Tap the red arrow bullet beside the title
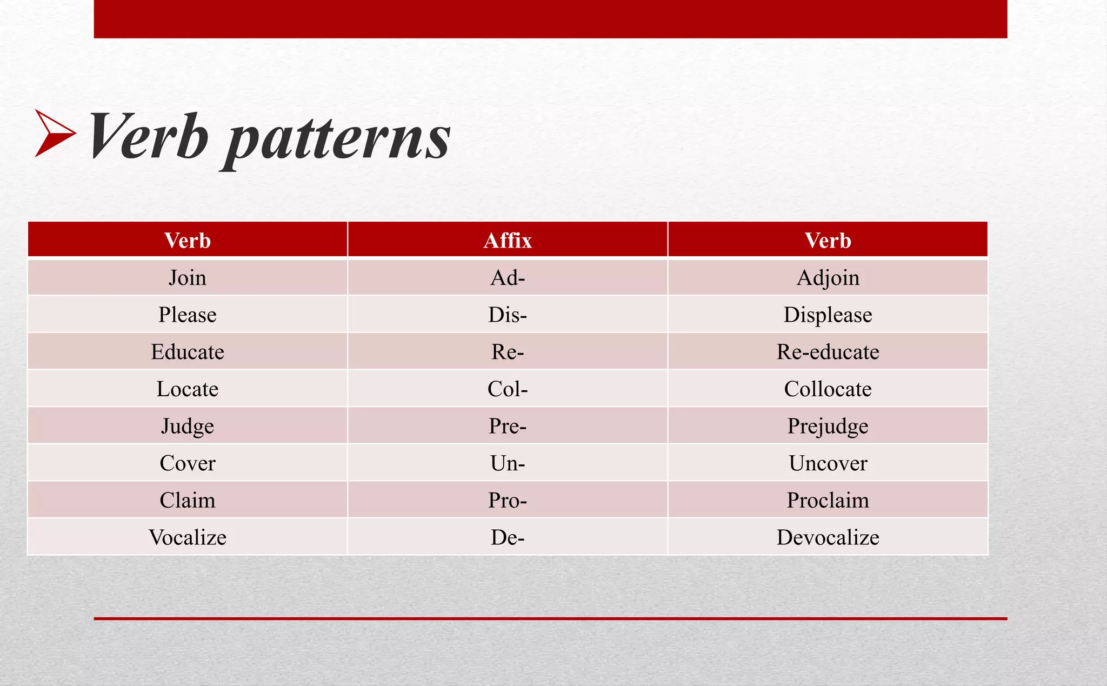(x=55, y=134)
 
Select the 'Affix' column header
(x=508, y=241)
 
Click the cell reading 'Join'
(x=187, y=278)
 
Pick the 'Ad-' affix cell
(x=508, y=278)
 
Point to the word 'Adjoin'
(x=828, y=278)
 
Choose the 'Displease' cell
(x=828, y=315)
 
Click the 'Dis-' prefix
(x=508, y=315)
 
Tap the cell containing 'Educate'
(x=187, y=352)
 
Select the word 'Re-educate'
(x=828, y=352)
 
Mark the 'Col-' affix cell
(x=508, y=389)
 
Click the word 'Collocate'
(x=828, y=389)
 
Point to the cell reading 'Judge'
(x=187, y=426)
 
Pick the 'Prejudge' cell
(x=828, y=426)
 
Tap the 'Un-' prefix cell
(x=508, y=463)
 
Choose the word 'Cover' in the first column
(x=187, y=463)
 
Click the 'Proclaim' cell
(x=828, y=500)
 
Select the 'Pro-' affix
(x=508, y=500)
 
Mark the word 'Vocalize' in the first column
(x=187, y=537)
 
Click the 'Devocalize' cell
(x=828, y=537)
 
